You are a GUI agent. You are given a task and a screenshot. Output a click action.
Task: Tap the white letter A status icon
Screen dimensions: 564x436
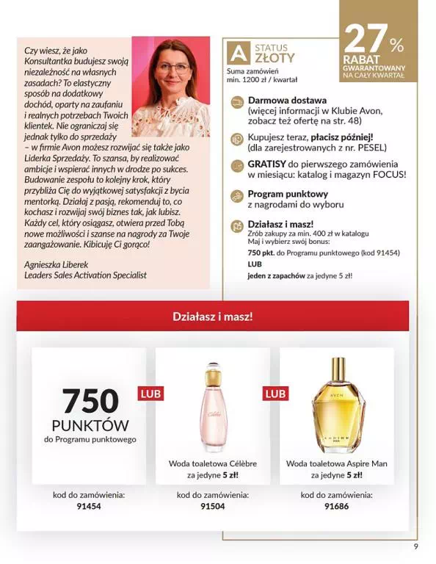(x=237, y=53)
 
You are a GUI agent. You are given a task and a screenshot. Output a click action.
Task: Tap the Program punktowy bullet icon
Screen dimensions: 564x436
(x=236, y=195)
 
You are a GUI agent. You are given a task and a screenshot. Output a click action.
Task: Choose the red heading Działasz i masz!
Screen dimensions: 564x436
(x=212, y=317)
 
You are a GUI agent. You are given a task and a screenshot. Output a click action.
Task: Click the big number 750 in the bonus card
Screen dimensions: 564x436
(x=90, y=400)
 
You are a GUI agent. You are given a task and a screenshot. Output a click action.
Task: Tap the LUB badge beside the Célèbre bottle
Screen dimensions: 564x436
(x=150, y=394)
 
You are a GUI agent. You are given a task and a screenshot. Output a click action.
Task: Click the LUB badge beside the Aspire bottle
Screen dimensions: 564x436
(x=275, y=394)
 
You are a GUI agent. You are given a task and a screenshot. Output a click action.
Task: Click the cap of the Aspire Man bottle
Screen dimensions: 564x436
(x=337, y=369)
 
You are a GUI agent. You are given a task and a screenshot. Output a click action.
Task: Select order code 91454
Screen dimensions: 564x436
(x=89, y=505)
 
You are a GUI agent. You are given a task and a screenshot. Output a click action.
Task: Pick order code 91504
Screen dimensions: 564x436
(x=213, y=505)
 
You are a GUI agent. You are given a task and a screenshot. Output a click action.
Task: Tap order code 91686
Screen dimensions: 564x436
(x=337, y=505)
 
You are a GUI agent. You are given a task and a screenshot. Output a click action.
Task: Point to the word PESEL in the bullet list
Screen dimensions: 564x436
(x=370, y=147)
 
